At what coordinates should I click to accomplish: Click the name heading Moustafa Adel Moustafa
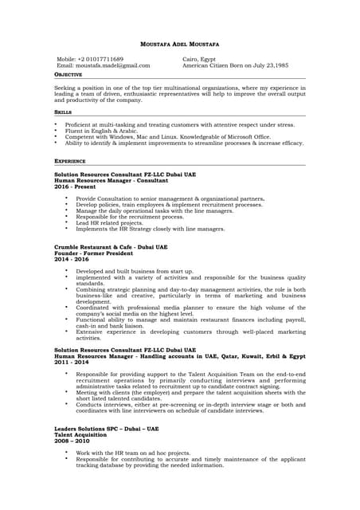point(179,43)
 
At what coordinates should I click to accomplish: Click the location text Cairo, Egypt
point(199,60)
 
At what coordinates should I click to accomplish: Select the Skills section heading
point(62,113)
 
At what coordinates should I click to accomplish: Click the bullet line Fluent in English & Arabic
point(104,131)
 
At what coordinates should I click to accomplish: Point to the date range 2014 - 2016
point(72,260)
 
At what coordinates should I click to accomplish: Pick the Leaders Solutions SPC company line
point(106,429)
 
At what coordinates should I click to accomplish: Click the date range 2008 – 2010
point(72,440)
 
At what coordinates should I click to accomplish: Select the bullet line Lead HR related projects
point(109,223)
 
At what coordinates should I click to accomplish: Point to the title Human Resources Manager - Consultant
point(111,179)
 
